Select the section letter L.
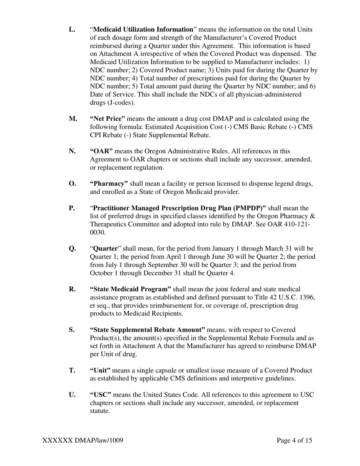[x=72, y=30]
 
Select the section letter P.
[x=72, y=208]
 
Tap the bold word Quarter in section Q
[x=105, y=249]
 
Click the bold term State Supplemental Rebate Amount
[x=147, y=330]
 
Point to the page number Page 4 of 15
[x=294, y=440]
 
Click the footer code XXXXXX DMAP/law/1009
[x=83, y=440]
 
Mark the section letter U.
[x=72, y=395]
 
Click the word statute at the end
[x=100, y=411]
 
